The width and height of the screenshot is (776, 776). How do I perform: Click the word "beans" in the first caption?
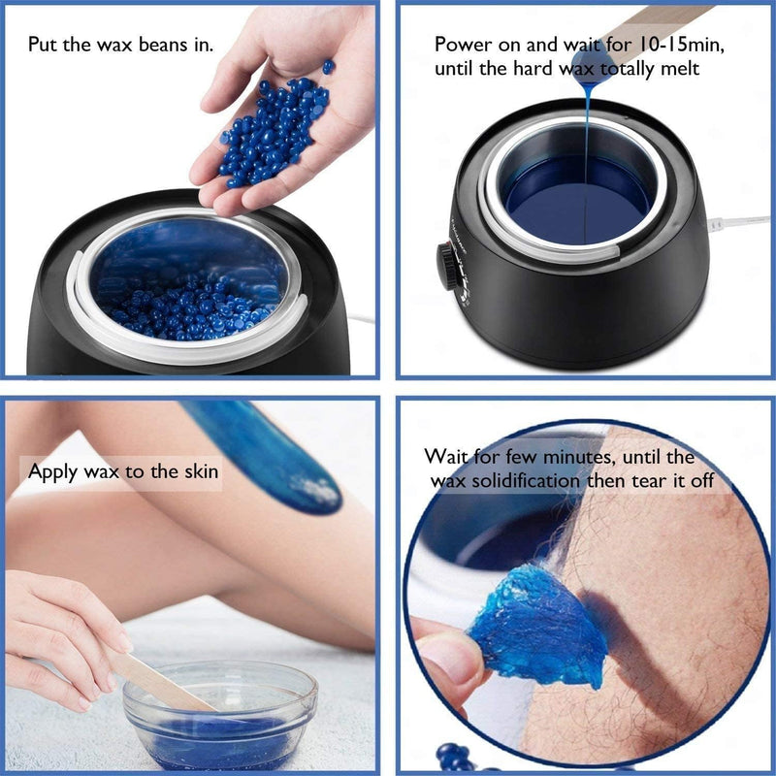click(155, 46)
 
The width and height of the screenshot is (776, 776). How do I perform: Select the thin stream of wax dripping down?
click(588, 145)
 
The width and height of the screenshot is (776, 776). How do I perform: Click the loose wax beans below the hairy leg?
click(456, 757)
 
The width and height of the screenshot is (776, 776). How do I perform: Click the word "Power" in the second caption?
click(461, 46)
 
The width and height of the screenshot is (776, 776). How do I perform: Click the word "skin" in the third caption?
click(199, 472)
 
